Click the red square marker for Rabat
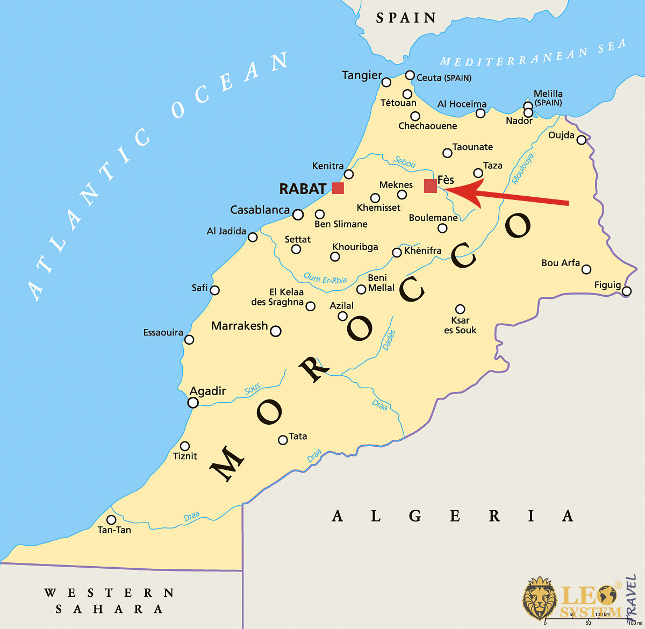coord(338,188)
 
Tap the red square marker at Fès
coord(431,186)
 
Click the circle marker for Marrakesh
coord(276,331)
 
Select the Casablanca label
coord(260,210)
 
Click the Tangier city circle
coord(386,82)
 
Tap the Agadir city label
coord(207,391)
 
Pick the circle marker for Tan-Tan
coord(111,520)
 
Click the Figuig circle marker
coord(627,291)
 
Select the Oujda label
coord(561,135)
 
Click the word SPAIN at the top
coord(406,18)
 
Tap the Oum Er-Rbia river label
coord(325,278)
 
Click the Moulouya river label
coord(522,169)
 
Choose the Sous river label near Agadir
coord(252,389)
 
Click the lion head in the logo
coord(539,598)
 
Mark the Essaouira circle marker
coord(189,340)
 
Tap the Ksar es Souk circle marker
coord(460,309)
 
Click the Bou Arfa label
coord(561,263)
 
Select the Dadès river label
coord(389,340)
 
